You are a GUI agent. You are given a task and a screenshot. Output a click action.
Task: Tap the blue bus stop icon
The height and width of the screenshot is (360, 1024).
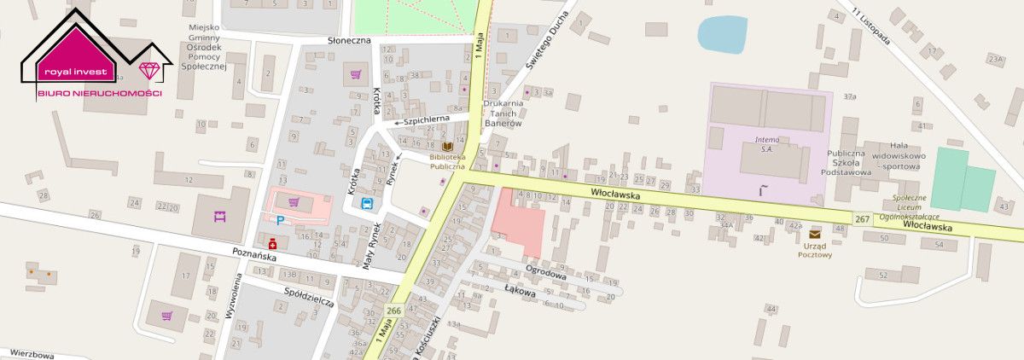[368, 203]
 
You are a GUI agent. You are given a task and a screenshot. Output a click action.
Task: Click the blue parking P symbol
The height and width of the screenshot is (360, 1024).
[280, 220]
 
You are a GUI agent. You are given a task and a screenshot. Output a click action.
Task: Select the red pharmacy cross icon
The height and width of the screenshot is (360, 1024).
[273, 242]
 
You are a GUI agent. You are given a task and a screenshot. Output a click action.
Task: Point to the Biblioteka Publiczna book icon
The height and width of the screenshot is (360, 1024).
[448, 147]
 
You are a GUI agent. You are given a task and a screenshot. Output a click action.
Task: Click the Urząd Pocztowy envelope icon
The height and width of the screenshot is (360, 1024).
[815, 234]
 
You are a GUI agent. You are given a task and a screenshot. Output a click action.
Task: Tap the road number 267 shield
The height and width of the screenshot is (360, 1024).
[861, 220]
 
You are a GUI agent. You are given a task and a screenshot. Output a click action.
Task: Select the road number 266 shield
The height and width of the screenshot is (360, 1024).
[393, 311]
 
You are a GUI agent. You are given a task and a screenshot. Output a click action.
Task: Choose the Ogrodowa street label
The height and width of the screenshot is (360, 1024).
[547, 276]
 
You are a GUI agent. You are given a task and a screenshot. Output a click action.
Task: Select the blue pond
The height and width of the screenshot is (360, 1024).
[722, 34]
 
